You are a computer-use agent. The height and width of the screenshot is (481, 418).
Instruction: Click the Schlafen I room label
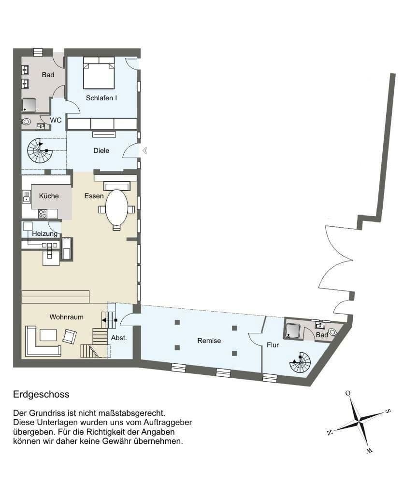[101, 98]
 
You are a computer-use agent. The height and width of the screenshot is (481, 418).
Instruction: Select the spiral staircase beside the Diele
[39, 151]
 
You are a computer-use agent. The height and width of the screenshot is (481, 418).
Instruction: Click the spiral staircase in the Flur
[301, 363]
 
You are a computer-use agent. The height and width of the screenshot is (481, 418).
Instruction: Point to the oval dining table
[117, 208]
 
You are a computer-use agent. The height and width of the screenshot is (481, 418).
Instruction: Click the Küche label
[49, 196]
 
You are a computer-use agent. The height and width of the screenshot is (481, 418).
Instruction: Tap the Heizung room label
[44, 234]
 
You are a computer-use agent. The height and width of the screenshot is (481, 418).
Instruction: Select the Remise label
[209, 341]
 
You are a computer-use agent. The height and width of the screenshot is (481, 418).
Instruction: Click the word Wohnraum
[67, 317]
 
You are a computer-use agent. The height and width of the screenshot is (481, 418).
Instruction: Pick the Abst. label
[119, 338]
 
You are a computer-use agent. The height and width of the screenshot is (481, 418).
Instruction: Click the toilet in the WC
[27, 123]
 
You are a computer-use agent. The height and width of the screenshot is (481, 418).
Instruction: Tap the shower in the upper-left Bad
[29, 105]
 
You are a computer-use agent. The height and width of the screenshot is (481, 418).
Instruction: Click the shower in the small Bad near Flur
[293, 330]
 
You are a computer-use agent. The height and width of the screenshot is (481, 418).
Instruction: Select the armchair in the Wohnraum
[70, 336]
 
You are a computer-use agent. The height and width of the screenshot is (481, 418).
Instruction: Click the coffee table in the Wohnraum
[48, 334]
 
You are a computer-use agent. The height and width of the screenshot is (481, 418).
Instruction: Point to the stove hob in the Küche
[42, 213]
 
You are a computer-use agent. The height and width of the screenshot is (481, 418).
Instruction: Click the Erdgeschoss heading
[41, 394]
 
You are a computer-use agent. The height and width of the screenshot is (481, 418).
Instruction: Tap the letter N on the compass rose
[329, 433]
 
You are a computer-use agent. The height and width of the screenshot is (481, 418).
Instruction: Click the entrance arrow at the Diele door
[144, 151]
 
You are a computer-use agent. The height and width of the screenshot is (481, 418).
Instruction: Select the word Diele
[101, 151]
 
